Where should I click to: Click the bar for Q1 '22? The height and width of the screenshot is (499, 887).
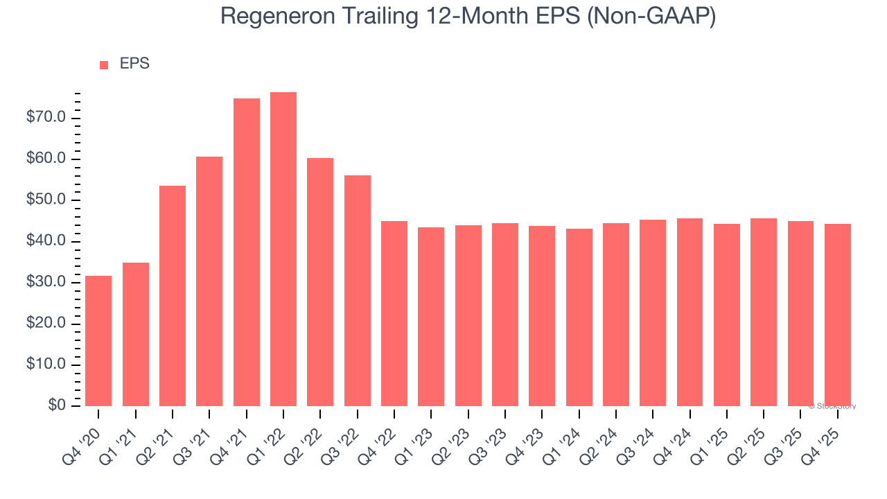click(x=283, y=249)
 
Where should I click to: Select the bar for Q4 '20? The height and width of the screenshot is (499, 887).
click(x=98, y=341)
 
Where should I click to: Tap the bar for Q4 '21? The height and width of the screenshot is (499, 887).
click(x=247, y=252)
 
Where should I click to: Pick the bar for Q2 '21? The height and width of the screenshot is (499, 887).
click(x=173, y=296)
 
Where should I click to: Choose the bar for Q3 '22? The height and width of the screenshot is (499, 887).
click(x=358, y=291)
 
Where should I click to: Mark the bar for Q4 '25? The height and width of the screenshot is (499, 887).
click(x=838, y=315)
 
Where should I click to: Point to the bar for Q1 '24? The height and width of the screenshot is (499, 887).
click(x=579, y=317)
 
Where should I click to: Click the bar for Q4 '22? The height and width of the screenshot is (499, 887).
click(x=394, y=314)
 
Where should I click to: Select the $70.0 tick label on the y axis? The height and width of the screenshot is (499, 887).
click(x=46, y=118)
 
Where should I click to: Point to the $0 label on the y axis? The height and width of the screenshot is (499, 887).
click(x=57, y=405)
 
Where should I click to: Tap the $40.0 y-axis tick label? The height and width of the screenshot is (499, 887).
click(x=46, y=241)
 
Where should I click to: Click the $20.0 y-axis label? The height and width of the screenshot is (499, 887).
click(x=46, y=324)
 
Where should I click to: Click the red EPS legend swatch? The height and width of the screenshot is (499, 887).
click(x=104, y=65)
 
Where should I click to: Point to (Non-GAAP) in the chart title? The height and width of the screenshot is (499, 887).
click(x=651, y=17)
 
